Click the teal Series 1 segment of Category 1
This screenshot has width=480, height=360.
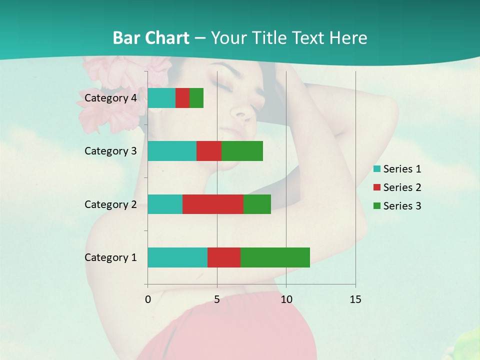177,257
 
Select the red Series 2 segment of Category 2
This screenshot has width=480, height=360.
213,204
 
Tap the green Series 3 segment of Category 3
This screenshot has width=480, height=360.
242,151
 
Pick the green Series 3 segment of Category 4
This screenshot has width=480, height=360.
196,98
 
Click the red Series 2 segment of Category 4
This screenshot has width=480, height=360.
182,98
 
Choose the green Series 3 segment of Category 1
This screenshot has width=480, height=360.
275,257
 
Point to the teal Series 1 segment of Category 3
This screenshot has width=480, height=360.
172,151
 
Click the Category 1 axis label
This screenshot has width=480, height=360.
110,257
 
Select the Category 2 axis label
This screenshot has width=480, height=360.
110,204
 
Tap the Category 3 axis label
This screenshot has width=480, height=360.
110,151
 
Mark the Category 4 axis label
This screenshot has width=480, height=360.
110,98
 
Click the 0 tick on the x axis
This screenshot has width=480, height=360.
148,299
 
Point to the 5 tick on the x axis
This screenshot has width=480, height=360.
217,299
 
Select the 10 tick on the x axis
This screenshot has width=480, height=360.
286,299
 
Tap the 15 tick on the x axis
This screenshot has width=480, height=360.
355,299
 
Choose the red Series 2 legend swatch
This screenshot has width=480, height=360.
377,187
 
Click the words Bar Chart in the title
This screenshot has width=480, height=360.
151,38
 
